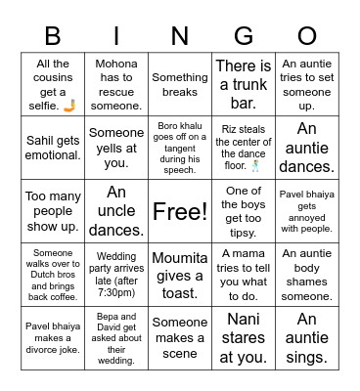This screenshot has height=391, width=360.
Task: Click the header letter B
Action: [x=53, y=36]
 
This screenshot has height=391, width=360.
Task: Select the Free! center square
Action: [x=179, y=210]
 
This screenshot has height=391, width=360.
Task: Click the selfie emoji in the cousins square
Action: [x=69, y=104]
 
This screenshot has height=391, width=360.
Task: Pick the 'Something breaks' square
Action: [x=179, y=85]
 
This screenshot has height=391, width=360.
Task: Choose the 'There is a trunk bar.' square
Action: [x=243, y=85]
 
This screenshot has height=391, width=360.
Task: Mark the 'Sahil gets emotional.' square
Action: [x=53, y=148]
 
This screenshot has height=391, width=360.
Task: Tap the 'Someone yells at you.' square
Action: [x=115, y=148]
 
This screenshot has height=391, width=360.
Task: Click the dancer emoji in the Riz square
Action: [x=255, y=165]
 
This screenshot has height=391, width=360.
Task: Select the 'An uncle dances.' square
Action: [x=115, y=210]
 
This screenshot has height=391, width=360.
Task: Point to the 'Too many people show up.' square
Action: [x=53, y=210]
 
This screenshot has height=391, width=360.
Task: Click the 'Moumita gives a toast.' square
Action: [x=179, y=273]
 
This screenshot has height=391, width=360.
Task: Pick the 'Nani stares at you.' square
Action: [x=243, y=335]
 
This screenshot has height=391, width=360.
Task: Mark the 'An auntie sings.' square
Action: [x=306, y=335]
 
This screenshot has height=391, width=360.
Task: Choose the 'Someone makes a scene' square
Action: [x=179, y=335]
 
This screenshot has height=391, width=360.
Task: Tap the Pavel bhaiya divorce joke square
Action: [x=53, y=335]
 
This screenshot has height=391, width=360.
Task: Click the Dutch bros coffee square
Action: [x=53, y=273]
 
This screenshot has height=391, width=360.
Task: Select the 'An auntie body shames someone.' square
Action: [x=306, y=273]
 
